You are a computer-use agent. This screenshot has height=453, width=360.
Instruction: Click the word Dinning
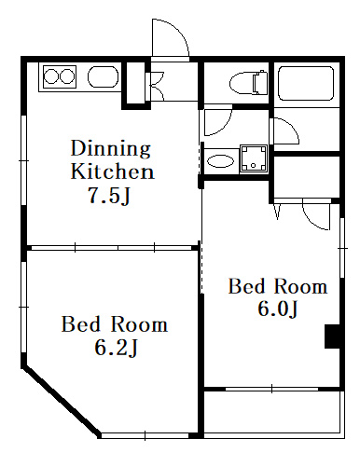(111, 148)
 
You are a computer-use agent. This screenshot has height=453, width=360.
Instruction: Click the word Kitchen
(112, 172)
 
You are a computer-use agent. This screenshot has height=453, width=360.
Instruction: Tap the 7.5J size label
(109, 196)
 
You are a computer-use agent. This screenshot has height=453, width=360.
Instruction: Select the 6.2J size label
(116, 347)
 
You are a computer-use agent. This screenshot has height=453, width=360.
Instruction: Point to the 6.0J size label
(278, 309)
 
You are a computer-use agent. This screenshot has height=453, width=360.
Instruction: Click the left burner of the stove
(50, 76)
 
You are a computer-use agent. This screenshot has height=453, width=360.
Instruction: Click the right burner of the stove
(67, 76)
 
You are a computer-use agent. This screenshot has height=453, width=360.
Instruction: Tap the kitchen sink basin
(104, 76)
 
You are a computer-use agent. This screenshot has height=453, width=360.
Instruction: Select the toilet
(249, 83)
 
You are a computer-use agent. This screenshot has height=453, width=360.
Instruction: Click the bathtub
(306, 83)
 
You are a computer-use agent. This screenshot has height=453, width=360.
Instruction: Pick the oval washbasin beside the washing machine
(220, 161)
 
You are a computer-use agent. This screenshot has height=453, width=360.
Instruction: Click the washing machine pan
(254, 158)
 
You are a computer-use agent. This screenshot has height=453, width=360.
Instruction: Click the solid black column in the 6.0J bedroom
(332, 336)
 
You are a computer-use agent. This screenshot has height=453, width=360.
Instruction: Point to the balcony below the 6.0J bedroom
(274, 414)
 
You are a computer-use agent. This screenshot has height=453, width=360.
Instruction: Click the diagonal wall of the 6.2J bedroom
(62, 402)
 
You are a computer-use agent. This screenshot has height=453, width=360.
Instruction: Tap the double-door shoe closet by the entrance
(157, 87)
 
